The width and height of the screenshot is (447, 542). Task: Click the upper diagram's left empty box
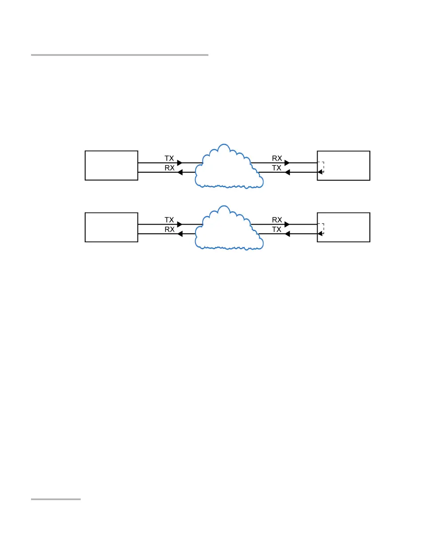point(111,165)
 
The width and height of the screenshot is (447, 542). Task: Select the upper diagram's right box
point(344,165)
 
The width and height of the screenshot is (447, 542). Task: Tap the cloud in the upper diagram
point(227,167)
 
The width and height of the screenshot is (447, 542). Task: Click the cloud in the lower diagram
point(227,229)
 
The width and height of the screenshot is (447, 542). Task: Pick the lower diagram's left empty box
point(111,227)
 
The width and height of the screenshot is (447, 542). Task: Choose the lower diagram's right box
point(344,227)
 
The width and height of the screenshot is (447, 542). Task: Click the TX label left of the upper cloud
point(169,158)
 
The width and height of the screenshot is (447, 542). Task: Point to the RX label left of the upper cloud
point(169,168)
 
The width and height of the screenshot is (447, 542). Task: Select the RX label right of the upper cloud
point(277,158)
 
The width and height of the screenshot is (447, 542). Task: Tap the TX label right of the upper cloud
point(277,168)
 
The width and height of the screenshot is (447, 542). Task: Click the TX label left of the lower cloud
point(169,220)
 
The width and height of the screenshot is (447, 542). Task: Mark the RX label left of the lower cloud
point(169,229)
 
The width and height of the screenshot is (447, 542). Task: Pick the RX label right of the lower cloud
point(277,220)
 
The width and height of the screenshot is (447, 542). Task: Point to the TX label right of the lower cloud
point(277,229)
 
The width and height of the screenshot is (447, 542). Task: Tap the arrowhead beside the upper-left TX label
point(180,163)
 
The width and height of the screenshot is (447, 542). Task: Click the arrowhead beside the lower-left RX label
point(180,234)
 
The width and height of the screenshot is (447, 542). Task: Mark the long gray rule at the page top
point(120,55)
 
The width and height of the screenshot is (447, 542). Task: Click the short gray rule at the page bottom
point(56,499)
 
